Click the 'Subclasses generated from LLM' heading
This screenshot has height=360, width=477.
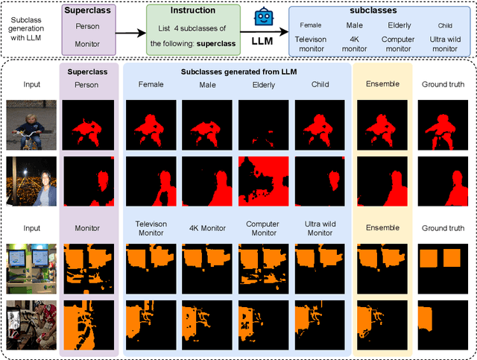pyautogui.click(x=237, y=72)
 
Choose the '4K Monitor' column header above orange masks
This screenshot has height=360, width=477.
pyautogui.click(x=204, y=228)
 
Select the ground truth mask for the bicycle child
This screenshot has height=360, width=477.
pyautogui.click(x=443, y=124)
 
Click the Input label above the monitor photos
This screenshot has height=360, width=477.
pyautogui.click(x=31, y=228)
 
